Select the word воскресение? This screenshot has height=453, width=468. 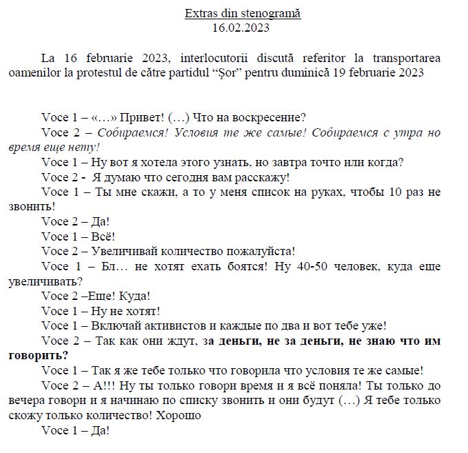pyautogui.click(x=271, y=117)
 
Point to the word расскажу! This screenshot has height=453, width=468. pyautogui.click(x=259, y=177)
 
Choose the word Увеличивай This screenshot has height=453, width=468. pyautogui.click(x=128, y=251)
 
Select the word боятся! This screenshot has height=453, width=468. pyautogui.click(x=239, y=266)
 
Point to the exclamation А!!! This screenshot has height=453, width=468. pyautogui.click(x=108, y=385)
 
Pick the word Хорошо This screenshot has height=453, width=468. pyautogui.click(x=182, y=415)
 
